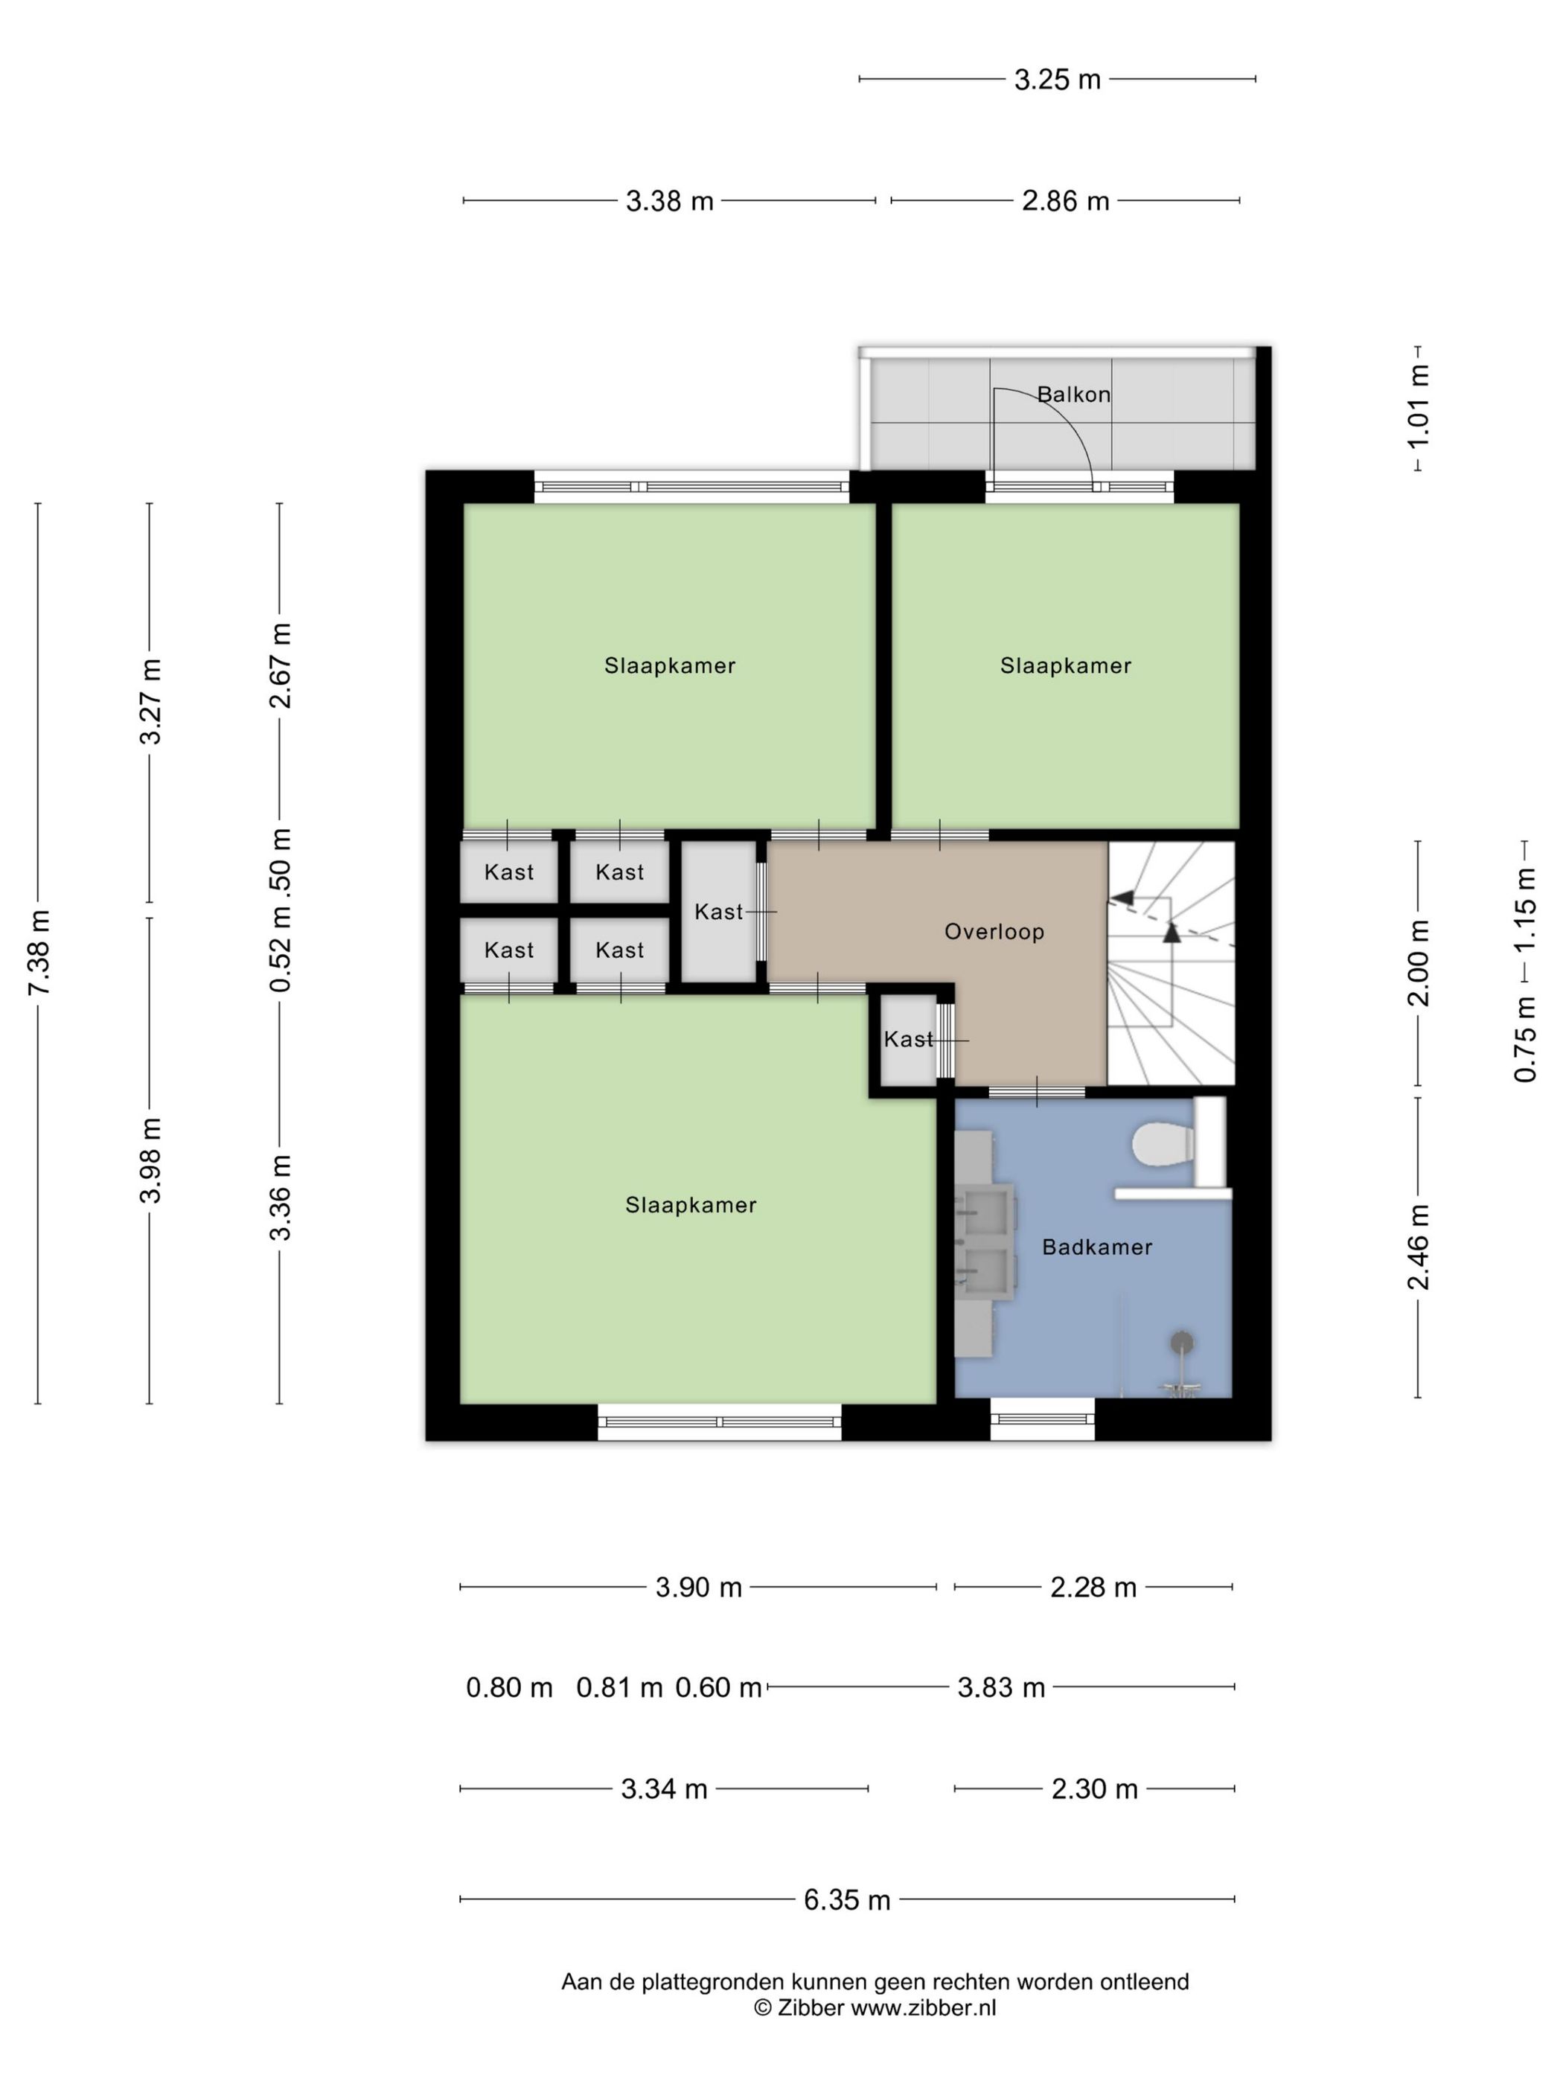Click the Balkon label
[x=1073, y=394]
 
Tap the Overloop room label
[x=994, y=932]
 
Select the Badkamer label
[x=1096, y=1247]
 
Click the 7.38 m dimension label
[x=40, y=953]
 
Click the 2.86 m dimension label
[x=1066, y=201]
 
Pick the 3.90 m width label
[x=699, y=1588]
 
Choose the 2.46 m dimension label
[x=1419, y=1247]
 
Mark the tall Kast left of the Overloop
[x=719, y=911]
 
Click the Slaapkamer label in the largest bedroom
[x=691, y=1205]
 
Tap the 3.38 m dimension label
[x=670, y=201]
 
